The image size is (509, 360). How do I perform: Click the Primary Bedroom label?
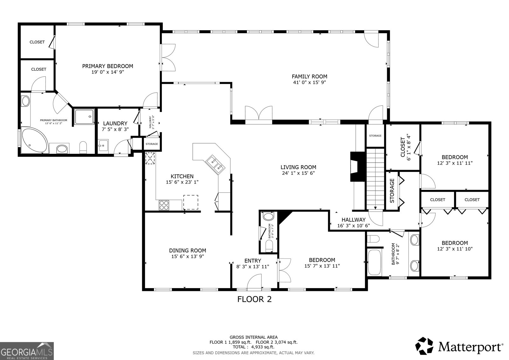108,66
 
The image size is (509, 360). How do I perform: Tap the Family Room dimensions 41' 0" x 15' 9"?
309,82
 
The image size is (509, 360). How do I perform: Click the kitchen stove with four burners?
164,205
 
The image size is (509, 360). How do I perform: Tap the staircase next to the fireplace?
375,178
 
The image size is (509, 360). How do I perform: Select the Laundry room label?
115,124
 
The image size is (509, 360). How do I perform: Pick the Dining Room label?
187,251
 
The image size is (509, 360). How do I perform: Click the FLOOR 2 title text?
254,299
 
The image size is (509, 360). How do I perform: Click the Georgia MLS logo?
27,351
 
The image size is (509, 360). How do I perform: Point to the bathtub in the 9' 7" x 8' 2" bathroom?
374,262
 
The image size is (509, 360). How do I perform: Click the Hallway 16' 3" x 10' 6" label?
353,222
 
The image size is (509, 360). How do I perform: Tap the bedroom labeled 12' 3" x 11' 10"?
455,246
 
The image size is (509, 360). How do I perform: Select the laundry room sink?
103,146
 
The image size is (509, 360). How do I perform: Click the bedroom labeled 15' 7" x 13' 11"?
322,263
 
